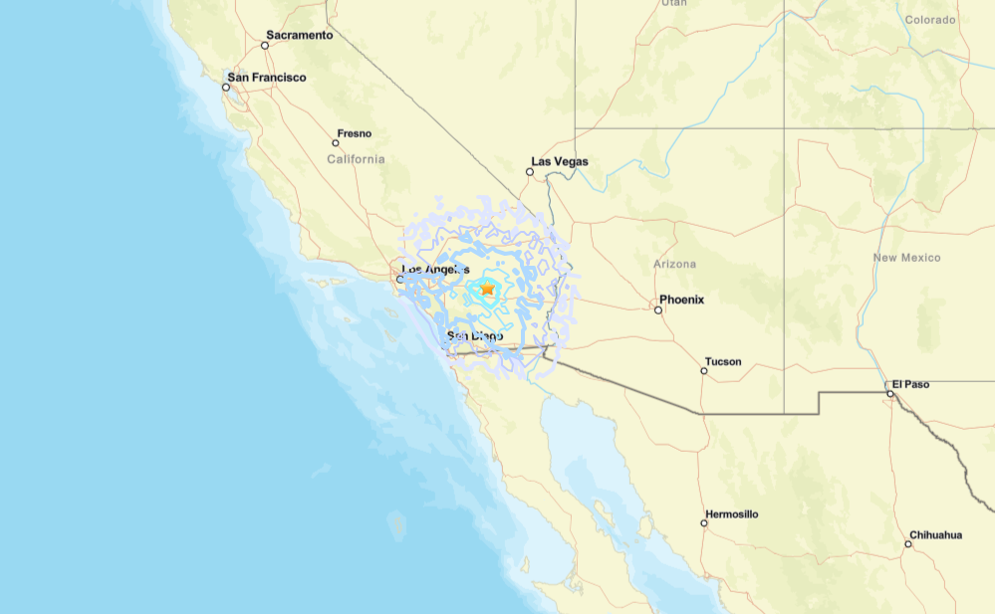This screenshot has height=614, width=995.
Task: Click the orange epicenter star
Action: pyautogui.click(x=487, y=288)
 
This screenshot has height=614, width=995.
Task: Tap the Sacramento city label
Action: pyautogui.click(x=299, y=35)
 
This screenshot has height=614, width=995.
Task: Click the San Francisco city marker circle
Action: pyautogui.click(x=226, y=88)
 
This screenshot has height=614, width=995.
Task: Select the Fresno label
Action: pyautogui.click(x=355, y=133)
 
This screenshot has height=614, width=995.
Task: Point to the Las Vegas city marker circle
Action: pyautogui.click(x=530, y=172)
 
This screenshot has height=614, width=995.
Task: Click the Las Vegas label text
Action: pyautogui.click(x=560, y=161)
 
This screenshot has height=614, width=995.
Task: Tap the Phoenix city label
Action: pyautogui.click(x=681, y=300)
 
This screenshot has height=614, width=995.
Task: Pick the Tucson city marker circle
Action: pyautogui.click(x=704, y=371)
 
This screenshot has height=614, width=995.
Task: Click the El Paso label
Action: pyautogui.click(x=910, y=384)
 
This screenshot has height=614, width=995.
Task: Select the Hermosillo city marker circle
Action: pyautogui.click(x=704, y=523)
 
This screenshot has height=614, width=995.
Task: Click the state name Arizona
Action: pyautogui.click(x=674, y=265)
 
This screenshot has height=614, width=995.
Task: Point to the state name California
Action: pyautogui.click(x=356, y=159)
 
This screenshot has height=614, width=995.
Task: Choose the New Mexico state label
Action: pyautogui.click(x=906, y=258)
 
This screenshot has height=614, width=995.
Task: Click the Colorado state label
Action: pyautogui.click(x=930, y=19)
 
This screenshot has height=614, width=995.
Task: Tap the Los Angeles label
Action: pyautogui.click(x=435, y=270)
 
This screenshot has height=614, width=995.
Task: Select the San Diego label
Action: pyautogui.click(x=475, y=336)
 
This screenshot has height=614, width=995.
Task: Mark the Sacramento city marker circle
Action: pyautogui.click(x=265, y=45)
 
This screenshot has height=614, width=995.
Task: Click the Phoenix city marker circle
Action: pyautogui.click(x=658, y=309)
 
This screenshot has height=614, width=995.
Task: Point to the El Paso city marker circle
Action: pyautogui.click(x=890, y=393)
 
